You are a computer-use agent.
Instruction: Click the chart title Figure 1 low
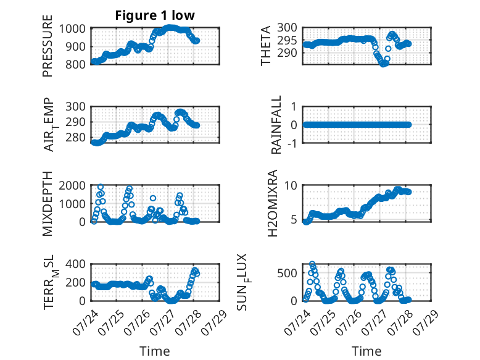pos(155,15)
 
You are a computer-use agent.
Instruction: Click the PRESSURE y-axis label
pos(48,46)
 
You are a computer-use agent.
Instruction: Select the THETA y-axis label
pos(266,46)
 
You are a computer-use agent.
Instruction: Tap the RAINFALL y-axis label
pos(276,125)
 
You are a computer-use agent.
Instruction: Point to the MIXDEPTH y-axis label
pos(48,204)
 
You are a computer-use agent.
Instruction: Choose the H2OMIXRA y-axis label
pos(272,203)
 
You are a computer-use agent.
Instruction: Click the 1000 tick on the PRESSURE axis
pos(72,29)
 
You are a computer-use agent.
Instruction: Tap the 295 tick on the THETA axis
pos(287,40)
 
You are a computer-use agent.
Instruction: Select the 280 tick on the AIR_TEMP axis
pos(75,137)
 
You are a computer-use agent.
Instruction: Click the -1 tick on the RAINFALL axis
pos(292,143)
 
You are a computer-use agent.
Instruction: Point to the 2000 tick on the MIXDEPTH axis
pos(72,186)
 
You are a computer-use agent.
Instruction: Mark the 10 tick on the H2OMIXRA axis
pos(291,186)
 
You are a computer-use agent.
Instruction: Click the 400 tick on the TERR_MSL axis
pos(75,264)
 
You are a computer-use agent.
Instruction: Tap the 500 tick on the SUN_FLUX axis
pos(287,273)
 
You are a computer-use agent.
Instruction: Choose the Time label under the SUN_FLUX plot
pos(366,351)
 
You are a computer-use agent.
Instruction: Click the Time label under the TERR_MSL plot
pos(155,351)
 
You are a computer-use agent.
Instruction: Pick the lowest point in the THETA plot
pos(383,64)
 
